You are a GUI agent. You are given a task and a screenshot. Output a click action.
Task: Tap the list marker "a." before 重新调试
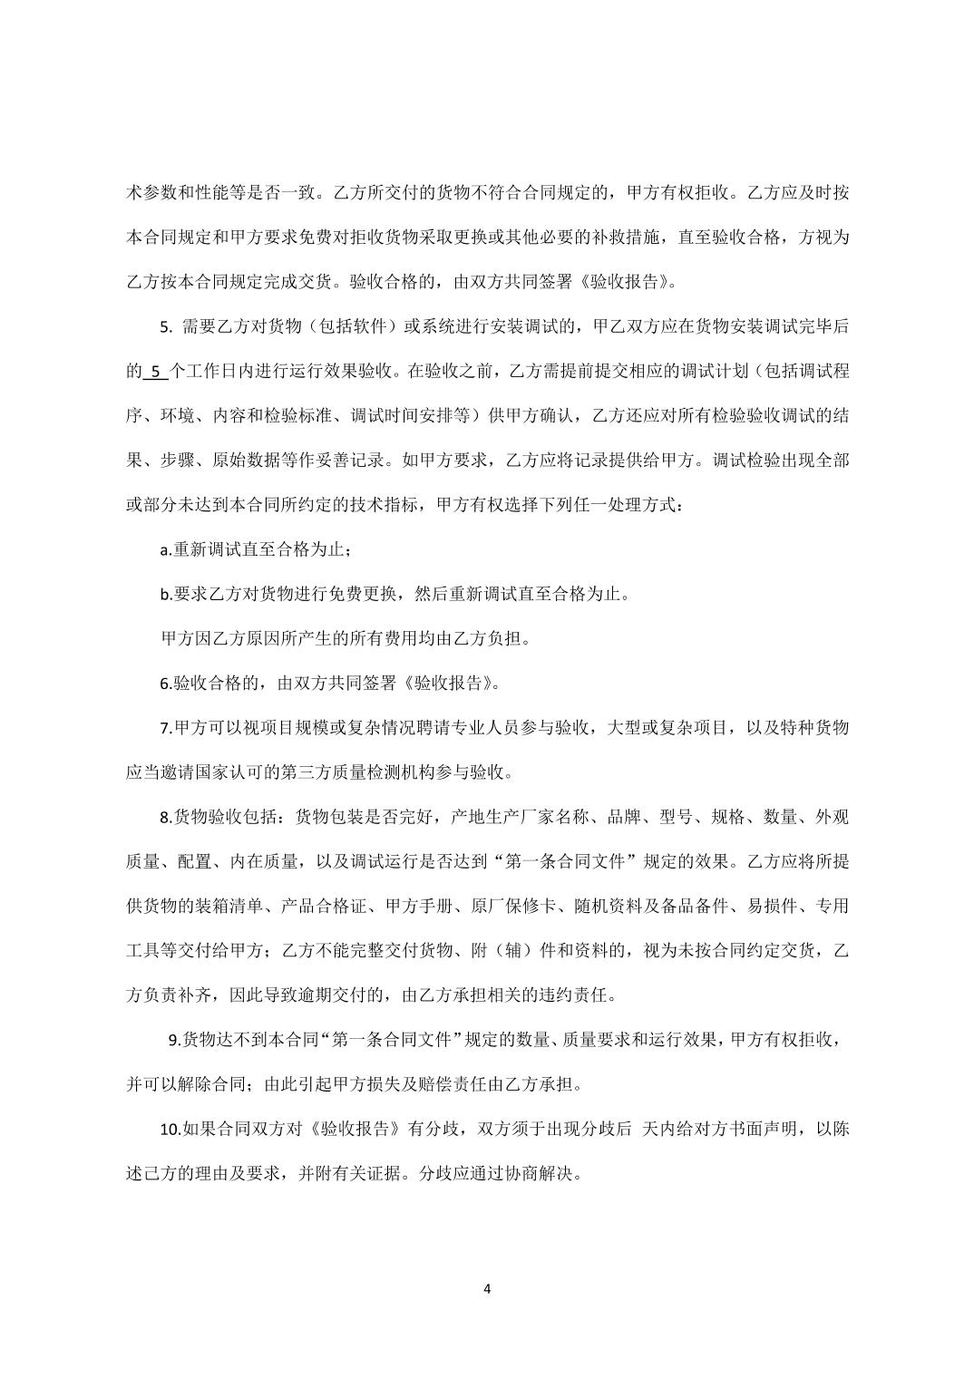pos(166,550)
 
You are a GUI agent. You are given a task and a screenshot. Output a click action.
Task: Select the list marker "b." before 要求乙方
pos(166,595)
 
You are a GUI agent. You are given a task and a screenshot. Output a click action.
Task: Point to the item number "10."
pos(170,1130)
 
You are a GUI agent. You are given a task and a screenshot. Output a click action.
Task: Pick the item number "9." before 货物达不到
pos(176,1040)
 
